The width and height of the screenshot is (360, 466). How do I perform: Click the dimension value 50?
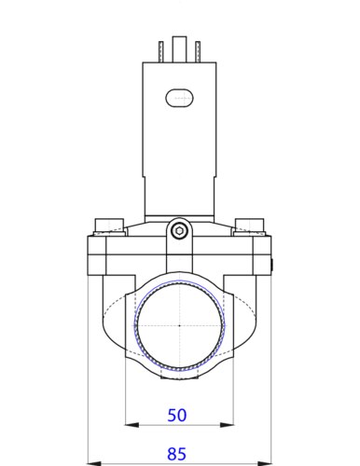177,415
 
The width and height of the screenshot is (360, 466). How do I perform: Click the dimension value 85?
177,454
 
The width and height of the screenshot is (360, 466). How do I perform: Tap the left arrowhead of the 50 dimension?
132,425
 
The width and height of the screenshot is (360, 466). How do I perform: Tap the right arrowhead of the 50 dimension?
227,425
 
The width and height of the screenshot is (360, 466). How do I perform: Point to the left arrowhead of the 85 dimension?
95,463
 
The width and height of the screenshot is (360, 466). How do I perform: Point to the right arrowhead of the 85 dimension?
265,463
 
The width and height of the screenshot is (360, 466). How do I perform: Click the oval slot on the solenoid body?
179,98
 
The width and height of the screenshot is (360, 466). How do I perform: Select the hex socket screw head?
179,230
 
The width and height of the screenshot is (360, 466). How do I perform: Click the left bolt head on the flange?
109,225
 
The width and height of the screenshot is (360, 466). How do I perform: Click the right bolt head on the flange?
250,225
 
